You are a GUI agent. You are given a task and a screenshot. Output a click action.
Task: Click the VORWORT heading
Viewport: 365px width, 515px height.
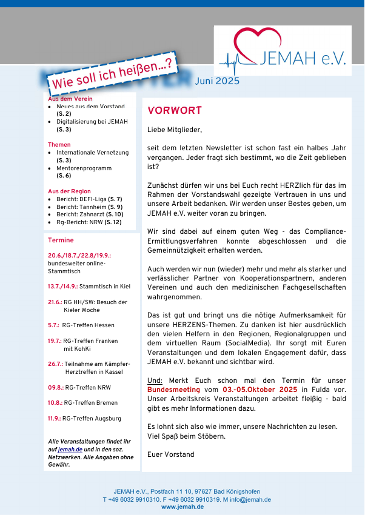click(x=175, y=111)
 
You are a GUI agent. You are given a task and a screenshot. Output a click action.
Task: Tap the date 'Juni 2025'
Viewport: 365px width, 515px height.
click(x=217, y=81)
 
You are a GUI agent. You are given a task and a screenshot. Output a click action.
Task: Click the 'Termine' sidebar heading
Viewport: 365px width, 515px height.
click(x=61, y=241)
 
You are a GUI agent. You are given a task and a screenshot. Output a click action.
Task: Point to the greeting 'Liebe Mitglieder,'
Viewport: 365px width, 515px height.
click(x=175, y=130)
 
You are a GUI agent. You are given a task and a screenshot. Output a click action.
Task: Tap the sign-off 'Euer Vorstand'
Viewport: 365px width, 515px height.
click(x=171, y=454)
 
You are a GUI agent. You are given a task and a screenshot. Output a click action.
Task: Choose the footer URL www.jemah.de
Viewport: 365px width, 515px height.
click(x=182, y=507)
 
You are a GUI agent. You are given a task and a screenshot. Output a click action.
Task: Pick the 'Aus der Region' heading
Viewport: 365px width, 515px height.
click(x=69, y=191)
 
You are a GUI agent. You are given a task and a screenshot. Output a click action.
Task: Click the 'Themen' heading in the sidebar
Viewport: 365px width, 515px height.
click(x=59, y=145)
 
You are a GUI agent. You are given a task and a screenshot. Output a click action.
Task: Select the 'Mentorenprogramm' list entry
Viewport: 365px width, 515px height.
click(x=84, y=168)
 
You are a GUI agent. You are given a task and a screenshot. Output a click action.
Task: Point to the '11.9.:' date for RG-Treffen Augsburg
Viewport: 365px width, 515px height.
click(x=55, y=418)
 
